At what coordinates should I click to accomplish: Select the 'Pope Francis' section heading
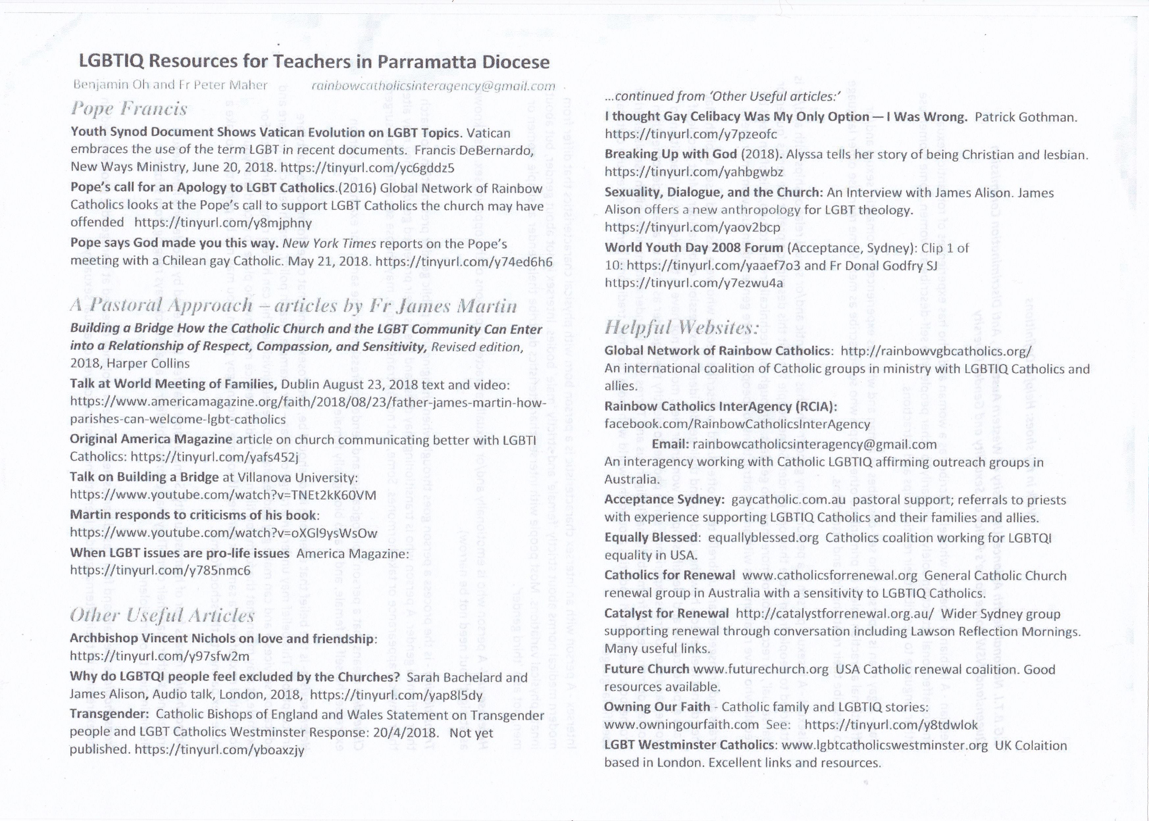[x=129, y=109]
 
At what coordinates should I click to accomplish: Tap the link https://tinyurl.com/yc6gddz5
[x=367, y=167]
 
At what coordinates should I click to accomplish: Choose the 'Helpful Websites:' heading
[x=681, y=328]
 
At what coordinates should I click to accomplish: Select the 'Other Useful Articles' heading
[x=162, y=615]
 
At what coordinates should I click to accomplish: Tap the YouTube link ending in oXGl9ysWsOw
[x=223, y=533]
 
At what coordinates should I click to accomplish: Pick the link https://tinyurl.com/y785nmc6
[x=160, y=571]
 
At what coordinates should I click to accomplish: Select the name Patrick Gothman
[x=1026, y=117]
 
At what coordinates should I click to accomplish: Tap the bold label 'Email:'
[x=670, y=444]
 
